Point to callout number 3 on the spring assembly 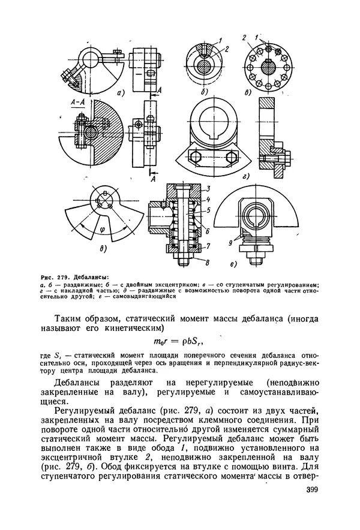[x=208, y=189]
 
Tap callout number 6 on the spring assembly [x=208, y=231]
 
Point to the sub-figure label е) [x=233, y=263]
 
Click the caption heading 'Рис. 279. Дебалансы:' [x=74, y=276]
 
